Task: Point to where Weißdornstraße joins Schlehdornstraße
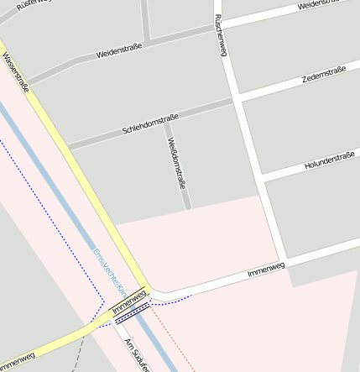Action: (x=165, y=122)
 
